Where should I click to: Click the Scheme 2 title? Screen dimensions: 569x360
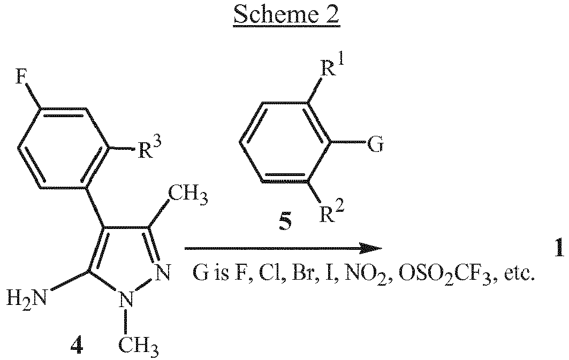click(x=286, y=15)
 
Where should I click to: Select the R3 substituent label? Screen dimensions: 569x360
click(x=148, y=148)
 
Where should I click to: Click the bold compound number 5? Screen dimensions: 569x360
click(x=286, y=223)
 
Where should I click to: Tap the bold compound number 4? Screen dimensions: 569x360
click(x=76, y=347)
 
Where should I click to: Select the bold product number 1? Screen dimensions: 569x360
click(x=559, y=248)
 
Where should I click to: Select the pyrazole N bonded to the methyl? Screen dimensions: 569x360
click(x=126, y=300)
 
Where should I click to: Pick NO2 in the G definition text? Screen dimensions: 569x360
click(x=367, y=275)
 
